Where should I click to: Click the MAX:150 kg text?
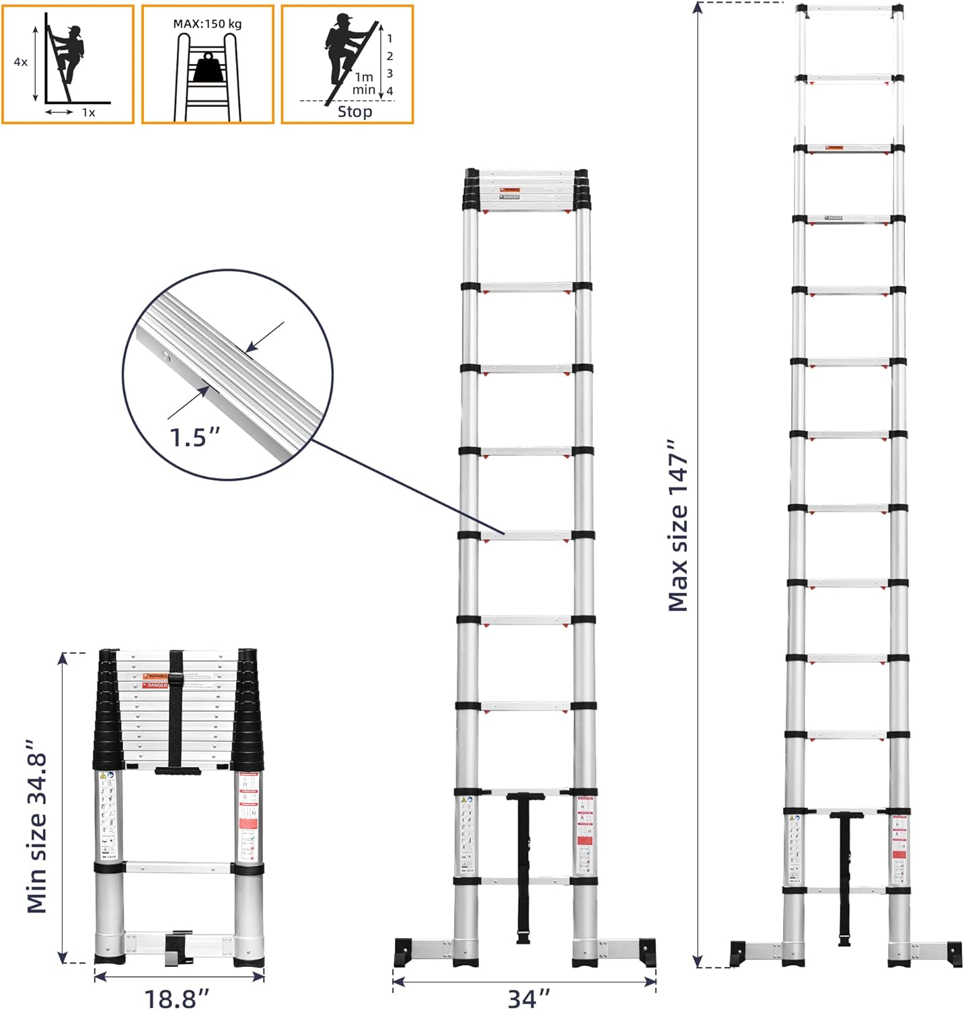(x=207, y=24)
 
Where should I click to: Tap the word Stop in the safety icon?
(x=355, y=112)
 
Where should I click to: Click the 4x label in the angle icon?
(x=21, y=62)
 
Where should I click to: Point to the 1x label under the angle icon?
(x=88, y=113)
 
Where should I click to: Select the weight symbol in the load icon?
(x=207, y=67)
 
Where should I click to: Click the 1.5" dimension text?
(x=194, y=438)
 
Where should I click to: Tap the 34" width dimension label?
(x=529, y=998)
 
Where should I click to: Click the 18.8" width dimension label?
(x=177, y=998)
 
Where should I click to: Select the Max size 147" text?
(x=678, y=525)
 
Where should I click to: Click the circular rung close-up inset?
(x=228, y=374)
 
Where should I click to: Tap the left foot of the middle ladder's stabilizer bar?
(x=406, y=951)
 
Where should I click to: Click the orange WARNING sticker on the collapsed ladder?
(x=155, y=676)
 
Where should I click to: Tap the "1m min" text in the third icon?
(x=363, y=83)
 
